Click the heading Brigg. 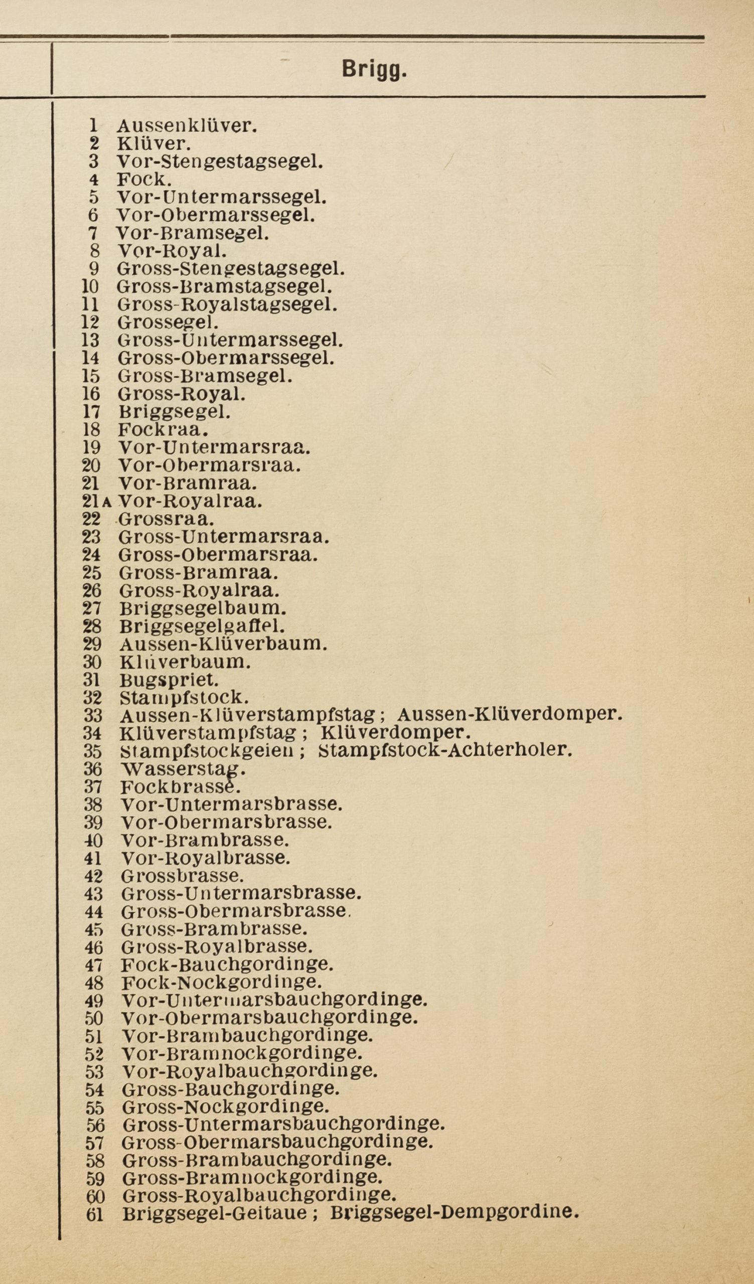[374, 69]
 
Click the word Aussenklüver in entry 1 [187, 125]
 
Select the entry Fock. [144, 180]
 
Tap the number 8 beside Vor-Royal [94, 251]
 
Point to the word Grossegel [168, 323]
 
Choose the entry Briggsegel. [174, 411]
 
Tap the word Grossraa [166, 519]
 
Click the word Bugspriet [169, 680]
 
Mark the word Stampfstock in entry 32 [184, 698]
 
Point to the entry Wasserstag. [183, 768]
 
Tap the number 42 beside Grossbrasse [93, 876]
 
